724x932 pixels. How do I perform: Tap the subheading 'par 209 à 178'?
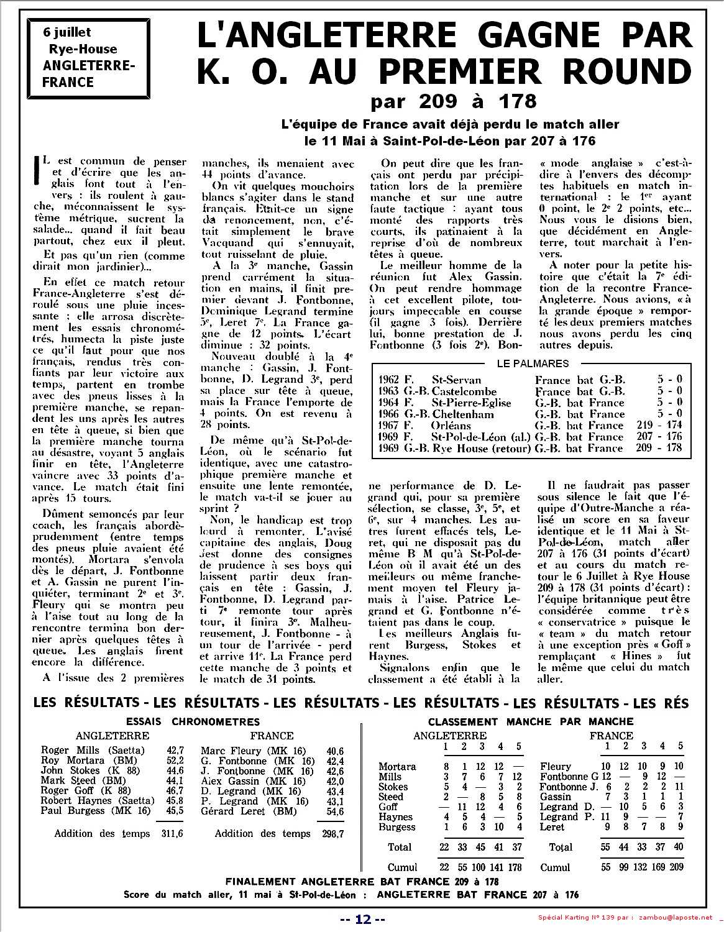click(453, 100)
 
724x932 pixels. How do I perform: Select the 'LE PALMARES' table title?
click(533, 363)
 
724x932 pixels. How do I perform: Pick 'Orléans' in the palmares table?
click(452, 426)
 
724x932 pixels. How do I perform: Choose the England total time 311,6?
click(172, 834)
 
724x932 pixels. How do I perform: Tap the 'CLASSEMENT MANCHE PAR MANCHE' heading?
click(531, 722)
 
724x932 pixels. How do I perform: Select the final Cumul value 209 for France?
click(676, 867)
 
